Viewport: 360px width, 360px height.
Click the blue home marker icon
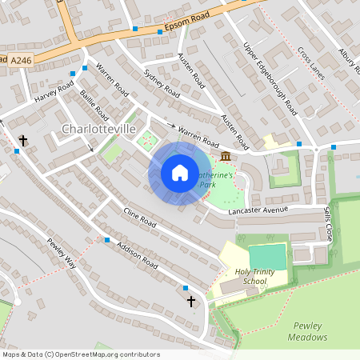pyautogui.click(x=180, y=173)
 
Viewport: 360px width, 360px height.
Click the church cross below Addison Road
pyautogui.click(x=191, y=301)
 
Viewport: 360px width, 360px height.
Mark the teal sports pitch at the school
pyautogui.click(x=267, y=257)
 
